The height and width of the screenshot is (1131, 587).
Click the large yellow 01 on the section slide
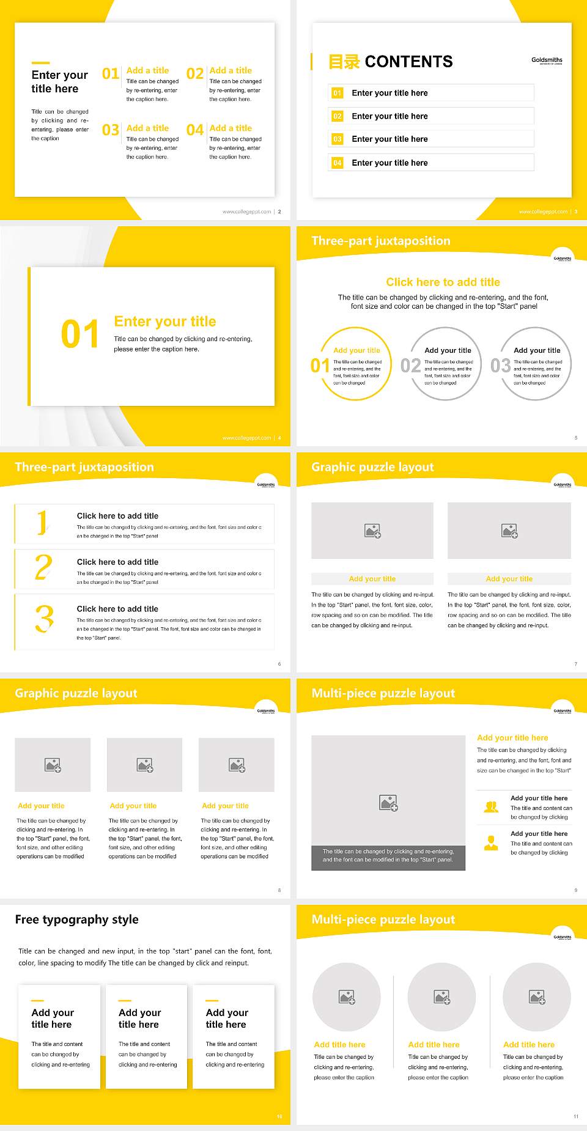(79, 334)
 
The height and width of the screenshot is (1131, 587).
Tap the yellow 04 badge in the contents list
(338, 163)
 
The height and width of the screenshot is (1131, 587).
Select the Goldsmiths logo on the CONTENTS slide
(547, 61)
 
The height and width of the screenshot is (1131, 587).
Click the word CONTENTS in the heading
(408, 62)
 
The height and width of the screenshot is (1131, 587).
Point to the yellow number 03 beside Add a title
(111, 130)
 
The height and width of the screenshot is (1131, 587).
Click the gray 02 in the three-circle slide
(410, 366)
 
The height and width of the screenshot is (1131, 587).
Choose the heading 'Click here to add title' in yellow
(443, 282)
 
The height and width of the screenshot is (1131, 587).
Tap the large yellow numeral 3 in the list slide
(44, 619)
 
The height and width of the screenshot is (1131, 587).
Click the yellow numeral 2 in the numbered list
(43, 567)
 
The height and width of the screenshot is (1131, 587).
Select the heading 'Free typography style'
(76, 919)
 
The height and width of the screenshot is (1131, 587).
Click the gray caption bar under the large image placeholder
(388, 855)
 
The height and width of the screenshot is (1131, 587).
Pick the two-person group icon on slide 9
(491, 807)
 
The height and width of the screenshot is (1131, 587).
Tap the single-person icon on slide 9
(491, 843)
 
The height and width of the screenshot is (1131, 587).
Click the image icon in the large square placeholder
(388, 803)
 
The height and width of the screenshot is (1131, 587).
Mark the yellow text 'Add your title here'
(512, 738)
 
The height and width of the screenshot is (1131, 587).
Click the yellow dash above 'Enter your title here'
(40, 62)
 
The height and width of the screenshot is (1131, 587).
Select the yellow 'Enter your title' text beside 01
(165, 322)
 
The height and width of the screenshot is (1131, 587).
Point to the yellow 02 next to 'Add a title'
(195, 74)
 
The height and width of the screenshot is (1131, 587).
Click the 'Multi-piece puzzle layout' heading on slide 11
(383, 919)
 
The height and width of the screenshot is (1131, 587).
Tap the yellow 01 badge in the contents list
(338, 93)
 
